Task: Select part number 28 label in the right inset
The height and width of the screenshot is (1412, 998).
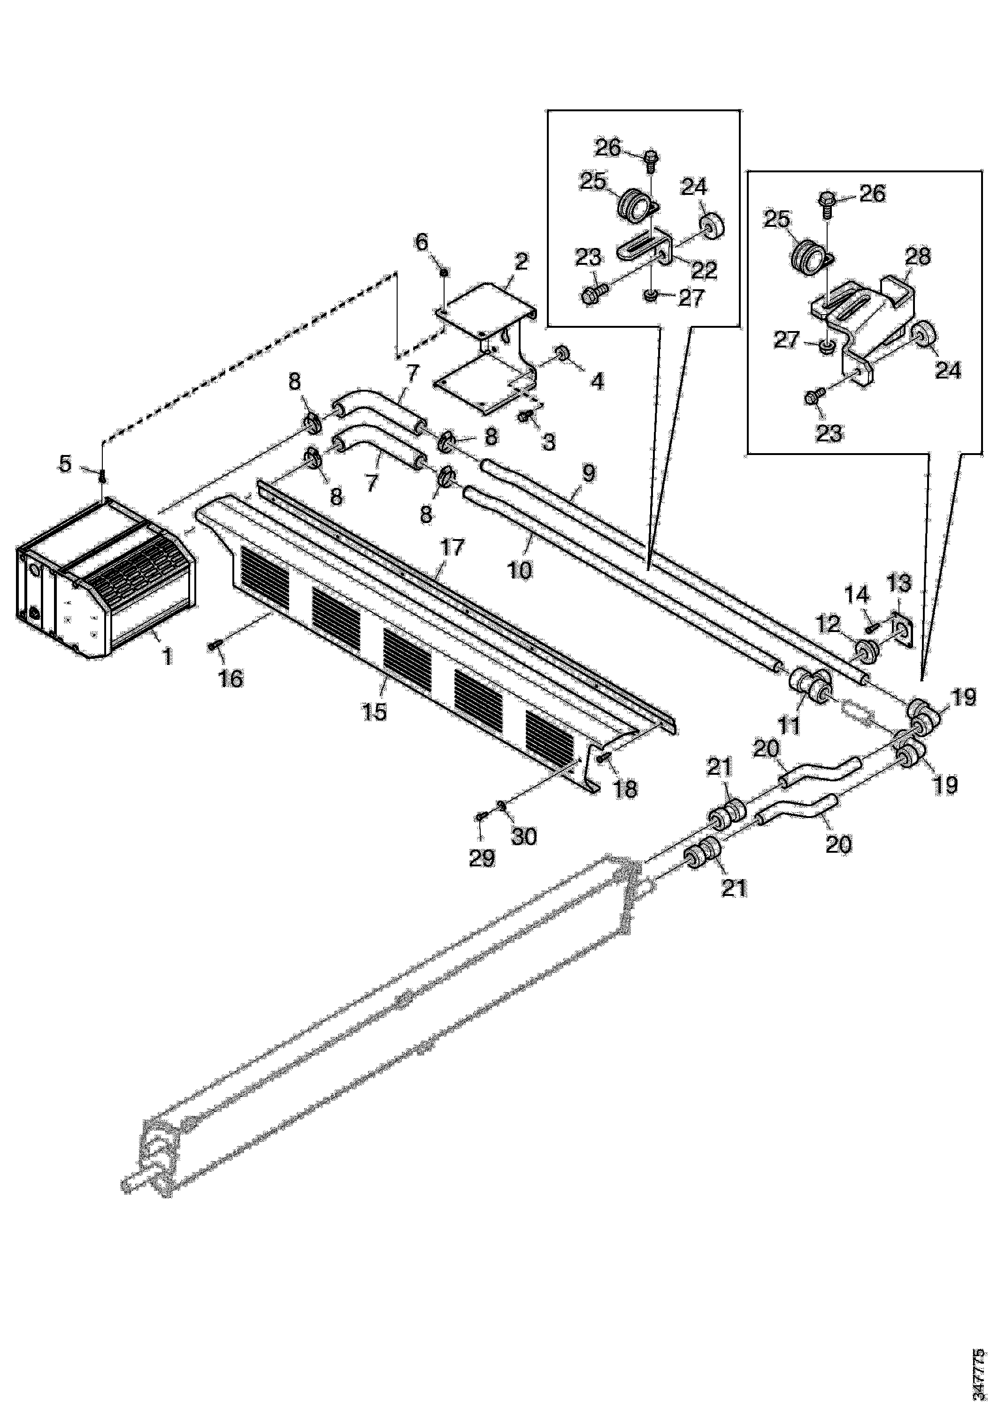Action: (x=917, y=256)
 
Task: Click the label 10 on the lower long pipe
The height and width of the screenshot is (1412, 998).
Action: (x=520, y=570)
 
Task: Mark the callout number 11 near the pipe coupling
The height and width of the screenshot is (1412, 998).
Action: (x=790, y=725)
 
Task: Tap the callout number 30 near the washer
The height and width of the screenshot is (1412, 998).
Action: (x=524, y=836)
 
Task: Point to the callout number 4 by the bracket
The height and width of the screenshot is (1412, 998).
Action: (x=597, y=382)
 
